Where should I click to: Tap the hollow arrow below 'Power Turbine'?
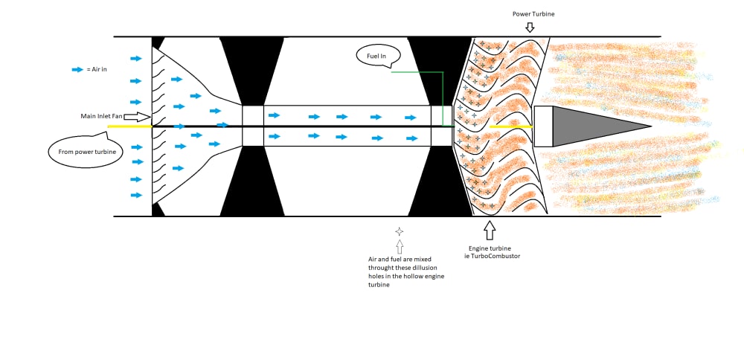530,28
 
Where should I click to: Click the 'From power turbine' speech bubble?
80,152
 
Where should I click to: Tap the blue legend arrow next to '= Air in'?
77,69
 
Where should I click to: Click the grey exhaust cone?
595,126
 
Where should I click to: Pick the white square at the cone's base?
543,126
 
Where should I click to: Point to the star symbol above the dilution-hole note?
400,231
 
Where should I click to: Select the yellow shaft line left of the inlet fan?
129,126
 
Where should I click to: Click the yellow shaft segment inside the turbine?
510,126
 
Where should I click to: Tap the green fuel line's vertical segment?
443,99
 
